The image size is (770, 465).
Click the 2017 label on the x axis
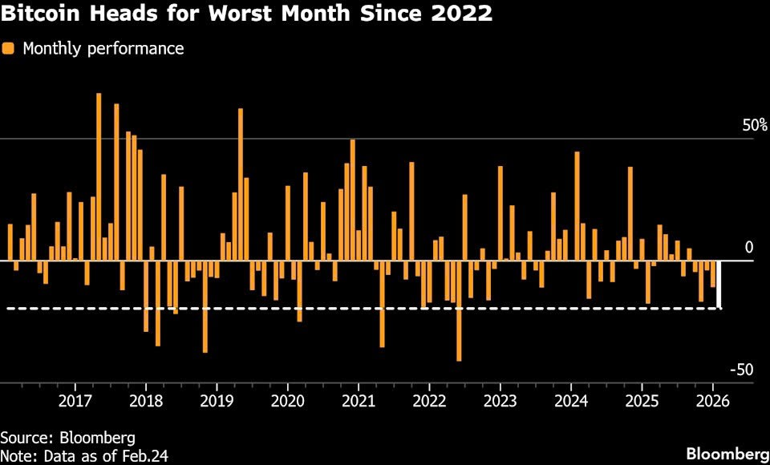tap(75, 401)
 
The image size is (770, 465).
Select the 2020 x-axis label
tap(288, 401)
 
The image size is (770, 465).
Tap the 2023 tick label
tap(500, 401)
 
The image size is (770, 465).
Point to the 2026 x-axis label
tap(713, 401)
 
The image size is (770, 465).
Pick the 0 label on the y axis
tap(749, 248)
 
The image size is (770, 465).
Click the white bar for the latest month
tap(719, 285)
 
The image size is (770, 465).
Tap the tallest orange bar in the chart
tap(99, 176)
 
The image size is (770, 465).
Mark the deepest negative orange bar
tap(459, 311)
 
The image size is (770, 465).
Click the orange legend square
tap(8, 48)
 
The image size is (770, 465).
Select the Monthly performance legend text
tap(103, 49)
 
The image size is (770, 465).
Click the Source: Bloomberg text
tap(68, 437)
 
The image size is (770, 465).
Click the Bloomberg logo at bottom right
tap(727, 453)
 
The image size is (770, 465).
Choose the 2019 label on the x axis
tap(217, 401)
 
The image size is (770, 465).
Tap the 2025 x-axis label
tap(642, 401)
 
